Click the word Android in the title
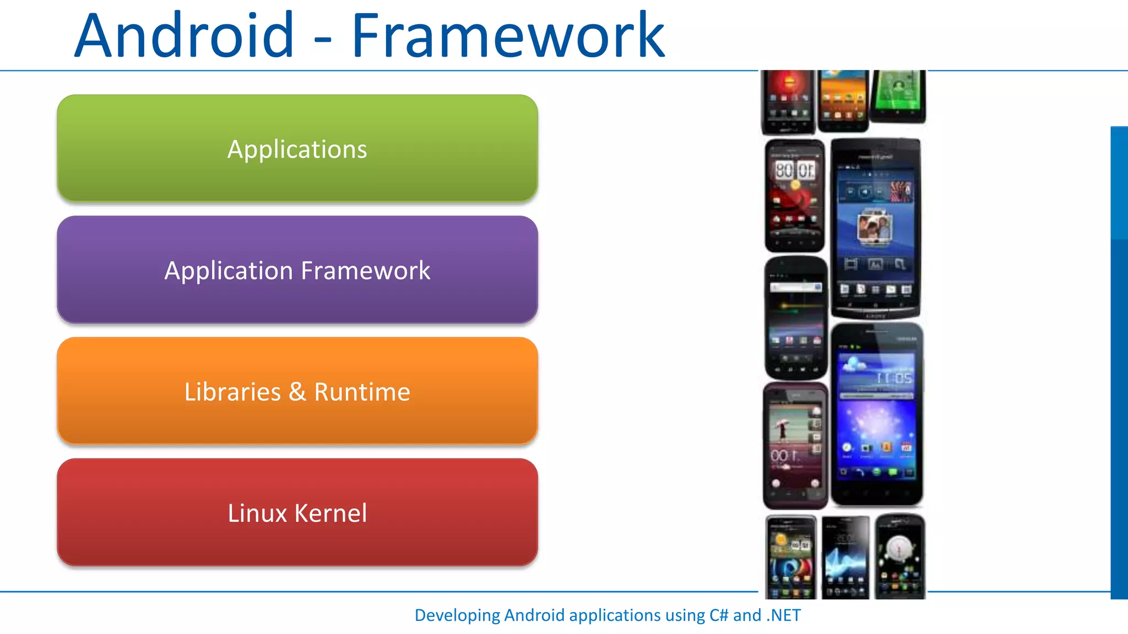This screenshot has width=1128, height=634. coord(184,36)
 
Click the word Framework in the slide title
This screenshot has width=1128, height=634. coord(508,36)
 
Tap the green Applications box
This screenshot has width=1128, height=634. coord(297,149)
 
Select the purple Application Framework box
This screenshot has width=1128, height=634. coord(297,270)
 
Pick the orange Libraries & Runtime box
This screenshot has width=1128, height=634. coord(297,391)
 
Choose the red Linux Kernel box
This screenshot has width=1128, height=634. coord(297,512)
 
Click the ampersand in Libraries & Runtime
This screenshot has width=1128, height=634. coord(297,392)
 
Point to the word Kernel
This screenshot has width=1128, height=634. coord(330,513)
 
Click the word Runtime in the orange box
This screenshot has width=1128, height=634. coord(362,392)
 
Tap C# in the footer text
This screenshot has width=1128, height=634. coord(719,615)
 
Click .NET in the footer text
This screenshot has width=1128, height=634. coord(783,615)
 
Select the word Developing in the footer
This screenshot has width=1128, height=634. coord(457,615)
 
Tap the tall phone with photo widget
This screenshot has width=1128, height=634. coord(875,228)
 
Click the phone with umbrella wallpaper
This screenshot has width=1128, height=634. coord(795,446)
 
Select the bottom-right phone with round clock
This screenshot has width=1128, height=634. coord(900,556)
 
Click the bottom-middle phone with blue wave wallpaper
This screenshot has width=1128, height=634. coord(845,557)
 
